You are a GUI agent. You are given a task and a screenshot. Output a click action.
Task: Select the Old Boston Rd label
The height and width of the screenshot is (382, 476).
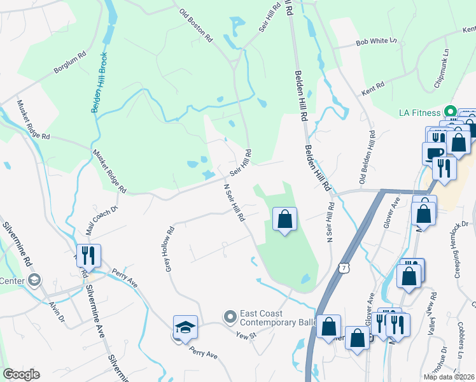(195, 25)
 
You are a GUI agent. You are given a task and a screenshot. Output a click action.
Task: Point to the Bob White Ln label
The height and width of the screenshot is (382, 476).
(376, 41)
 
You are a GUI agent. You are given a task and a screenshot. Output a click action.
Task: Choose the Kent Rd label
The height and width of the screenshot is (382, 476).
(376, 85)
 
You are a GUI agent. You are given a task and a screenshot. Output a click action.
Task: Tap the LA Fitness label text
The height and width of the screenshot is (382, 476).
(419, 113)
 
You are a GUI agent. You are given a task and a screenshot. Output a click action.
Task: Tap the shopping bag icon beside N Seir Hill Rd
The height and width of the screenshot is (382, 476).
(284, 220)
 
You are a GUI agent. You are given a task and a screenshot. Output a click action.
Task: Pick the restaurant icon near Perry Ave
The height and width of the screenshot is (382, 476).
(88, 256)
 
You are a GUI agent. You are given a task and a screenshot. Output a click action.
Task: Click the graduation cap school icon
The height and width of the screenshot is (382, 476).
(185, 328)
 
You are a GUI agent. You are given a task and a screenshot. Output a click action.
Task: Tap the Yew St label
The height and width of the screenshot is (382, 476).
(244, 335)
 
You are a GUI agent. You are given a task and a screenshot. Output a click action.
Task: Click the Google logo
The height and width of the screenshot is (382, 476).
(21, 374)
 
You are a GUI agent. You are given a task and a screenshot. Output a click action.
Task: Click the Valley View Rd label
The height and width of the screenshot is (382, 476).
(433, 312)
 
